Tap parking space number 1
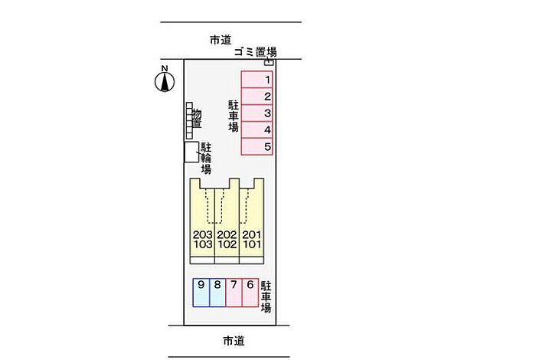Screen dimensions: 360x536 pos(258,80)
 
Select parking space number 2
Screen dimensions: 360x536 pos(258,97)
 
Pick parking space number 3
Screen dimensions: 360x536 pos(258,113)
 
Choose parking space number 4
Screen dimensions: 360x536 pos(258,130)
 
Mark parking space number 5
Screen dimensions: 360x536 pos(258,146)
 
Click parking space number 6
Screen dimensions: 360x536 pos(250,292)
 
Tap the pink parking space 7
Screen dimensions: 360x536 pos(234,292)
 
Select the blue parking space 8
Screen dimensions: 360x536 pos(217,292)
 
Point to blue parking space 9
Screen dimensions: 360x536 pos(201,292)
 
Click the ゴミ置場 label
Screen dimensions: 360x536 pos(256,52)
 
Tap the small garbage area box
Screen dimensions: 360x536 pos(269,63)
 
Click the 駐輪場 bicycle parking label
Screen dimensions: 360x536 pos(206,158)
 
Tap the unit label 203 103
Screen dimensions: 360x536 pos(203,241)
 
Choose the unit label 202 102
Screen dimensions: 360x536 pos(227,241)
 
